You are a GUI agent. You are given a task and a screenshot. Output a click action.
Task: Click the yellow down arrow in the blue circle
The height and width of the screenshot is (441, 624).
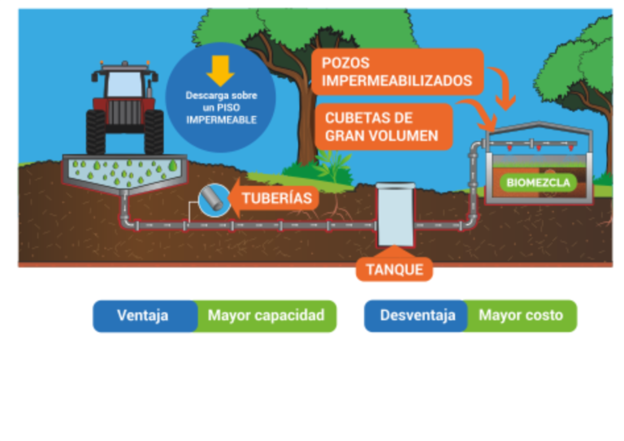[x=219, y=71]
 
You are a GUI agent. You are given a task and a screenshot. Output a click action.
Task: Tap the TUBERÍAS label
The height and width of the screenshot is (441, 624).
[x=275, y=197]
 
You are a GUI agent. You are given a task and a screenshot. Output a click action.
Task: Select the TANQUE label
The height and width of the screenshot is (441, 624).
[x=394, y=269]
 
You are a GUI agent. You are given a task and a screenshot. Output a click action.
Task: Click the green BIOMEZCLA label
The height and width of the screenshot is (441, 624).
[x=538, y=182]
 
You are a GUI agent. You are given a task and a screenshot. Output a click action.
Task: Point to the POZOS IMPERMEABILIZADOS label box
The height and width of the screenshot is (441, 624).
[x=397, y=71]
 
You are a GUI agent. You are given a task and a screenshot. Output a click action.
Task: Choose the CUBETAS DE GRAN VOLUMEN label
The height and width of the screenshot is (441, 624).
[x=382, y=127]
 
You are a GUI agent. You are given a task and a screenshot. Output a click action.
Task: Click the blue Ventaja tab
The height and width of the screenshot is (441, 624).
[x=144, y=316]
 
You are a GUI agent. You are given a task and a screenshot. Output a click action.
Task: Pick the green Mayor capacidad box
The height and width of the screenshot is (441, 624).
[x=266, y=316]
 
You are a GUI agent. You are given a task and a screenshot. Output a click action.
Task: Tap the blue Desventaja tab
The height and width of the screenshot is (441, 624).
[x=416, y=316]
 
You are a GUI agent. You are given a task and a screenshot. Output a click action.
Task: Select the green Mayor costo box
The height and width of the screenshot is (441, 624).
[x=521, y=316]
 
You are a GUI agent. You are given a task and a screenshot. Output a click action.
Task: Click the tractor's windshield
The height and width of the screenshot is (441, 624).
[x=124, y=83]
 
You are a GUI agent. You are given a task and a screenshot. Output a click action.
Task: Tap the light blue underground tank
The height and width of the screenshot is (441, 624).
[x=396, y=216]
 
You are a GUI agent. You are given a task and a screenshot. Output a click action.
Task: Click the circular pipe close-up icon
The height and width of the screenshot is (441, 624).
[x=210, y=197]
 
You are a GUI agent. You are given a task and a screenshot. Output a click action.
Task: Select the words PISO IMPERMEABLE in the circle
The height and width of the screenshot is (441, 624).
[x=221, y=114]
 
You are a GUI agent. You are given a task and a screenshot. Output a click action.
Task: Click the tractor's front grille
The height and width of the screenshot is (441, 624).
[x=124, y=113]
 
